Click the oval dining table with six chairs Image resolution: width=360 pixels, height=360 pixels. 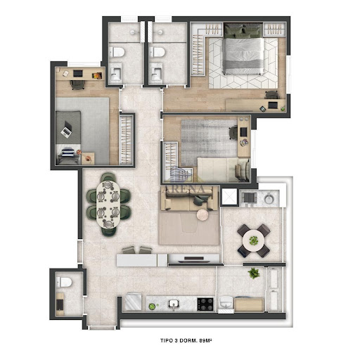108,205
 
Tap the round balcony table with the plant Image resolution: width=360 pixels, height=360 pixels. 254,240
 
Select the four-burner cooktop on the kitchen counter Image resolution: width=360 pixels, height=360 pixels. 205,304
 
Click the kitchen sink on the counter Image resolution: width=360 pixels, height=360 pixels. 174,304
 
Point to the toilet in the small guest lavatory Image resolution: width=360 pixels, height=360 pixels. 64,282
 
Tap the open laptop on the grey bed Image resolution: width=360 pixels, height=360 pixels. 67,129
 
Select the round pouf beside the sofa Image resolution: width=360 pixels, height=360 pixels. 202,214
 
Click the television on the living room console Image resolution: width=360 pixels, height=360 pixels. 194,259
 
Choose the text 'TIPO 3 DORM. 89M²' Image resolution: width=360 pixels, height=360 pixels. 186,340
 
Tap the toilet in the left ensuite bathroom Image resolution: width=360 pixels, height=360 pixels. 117,52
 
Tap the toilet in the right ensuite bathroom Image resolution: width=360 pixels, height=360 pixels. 157,52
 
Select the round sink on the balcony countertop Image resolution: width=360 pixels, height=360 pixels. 269,199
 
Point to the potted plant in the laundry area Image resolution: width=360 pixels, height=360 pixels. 254,274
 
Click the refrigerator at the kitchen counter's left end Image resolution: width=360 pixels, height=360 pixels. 133,302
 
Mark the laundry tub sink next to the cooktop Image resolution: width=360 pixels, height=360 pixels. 226,303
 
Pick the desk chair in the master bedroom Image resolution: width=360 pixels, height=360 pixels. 272,95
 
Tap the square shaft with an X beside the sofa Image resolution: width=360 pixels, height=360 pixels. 229,197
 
